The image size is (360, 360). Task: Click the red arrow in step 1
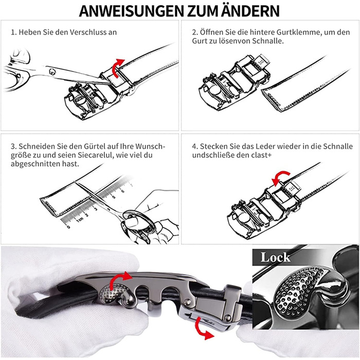tap(118, 68)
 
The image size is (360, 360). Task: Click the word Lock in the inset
tap(275, 257)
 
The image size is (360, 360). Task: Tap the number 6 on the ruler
tap(122, 191)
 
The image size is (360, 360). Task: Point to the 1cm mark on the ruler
tap(79, 220)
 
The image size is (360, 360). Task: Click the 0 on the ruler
tap(68, 227)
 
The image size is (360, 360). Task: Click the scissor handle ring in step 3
tap(138, 222)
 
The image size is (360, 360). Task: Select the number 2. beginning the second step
tap(195, 32)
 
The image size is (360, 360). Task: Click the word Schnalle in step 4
tap(338, 146)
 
